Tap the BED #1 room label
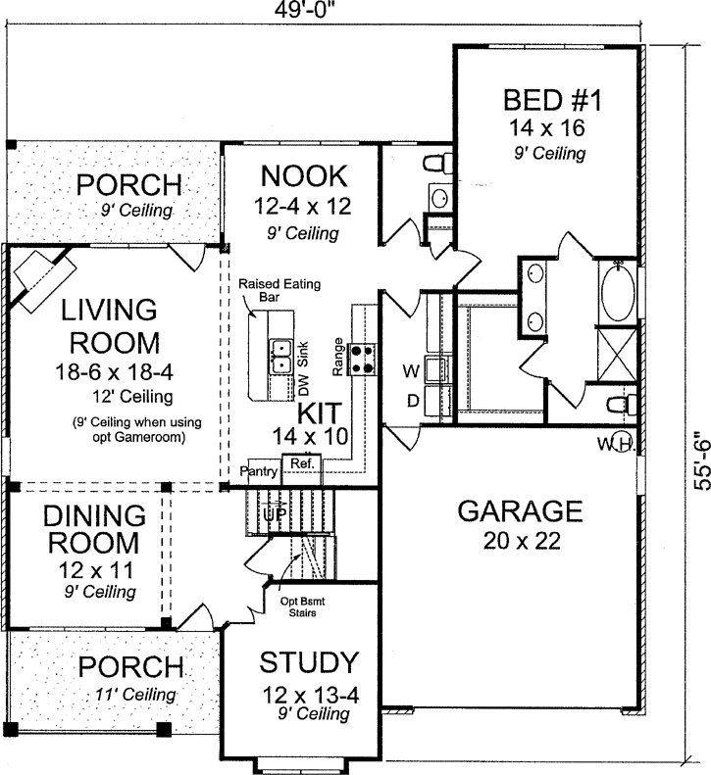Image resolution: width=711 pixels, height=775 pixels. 543,101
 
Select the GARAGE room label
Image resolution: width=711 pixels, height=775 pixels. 521,511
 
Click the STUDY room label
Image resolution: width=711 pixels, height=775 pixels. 308,663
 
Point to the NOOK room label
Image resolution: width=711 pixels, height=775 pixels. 302,177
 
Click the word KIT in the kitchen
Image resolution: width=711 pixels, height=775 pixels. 319,412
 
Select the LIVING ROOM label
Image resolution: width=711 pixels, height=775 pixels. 109,326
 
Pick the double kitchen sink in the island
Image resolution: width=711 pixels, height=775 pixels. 281,355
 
